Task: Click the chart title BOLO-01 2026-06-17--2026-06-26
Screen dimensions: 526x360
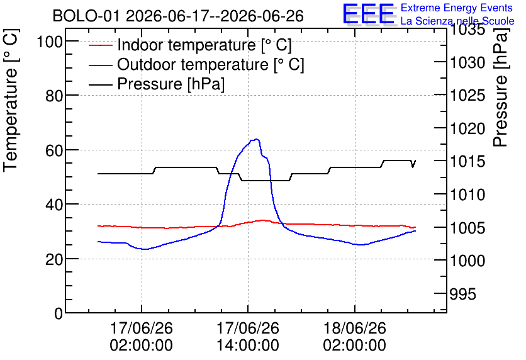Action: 178,16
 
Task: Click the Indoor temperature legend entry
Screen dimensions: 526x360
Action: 190,45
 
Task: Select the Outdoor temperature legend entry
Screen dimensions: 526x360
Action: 196,64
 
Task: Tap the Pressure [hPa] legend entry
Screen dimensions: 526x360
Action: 157,84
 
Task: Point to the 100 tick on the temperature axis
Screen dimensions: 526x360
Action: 50,42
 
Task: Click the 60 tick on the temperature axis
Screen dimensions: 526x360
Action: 54,150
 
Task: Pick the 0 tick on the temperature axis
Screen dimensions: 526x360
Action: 59,313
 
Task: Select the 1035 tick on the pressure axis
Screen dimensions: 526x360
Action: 467,30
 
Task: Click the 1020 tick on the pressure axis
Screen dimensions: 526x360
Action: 467,128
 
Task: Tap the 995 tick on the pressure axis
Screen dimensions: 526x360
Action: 462,294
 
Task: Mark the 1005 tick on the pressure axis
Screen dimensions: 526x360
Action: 467,228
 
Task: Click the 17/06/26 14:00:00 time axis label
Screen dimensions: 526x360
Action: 248,336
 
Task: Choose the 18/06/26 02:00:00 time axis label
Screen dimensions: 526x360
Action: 355,336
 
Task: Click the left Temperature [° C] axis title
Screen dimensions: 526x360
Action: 11,100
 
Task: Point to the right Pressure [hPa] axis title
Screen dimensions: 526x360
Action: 501,87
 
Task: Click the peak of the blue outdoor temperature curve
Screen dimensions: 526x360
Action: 257,139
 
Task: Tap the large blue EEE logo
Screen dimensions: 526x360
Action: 369,14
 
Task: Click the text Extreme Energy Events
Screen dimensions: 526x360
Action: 457,8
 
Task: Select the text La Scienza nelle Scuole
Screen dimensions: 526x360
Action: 457,21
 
